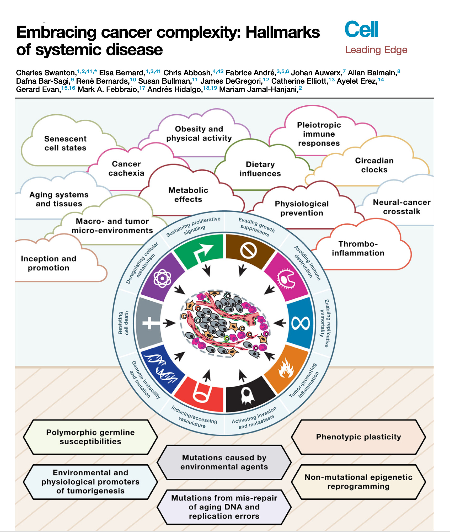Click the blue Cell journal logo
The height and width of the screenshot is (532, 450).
click(x=361, y=29)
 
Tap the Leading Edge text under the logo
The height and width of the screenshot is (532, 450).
click(x=376, y=50)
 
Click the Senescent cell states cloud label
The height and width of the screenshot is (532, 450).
click(x=65, y=143)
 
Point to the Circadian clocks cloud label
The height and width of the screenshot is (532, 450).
click(x=374, y=165)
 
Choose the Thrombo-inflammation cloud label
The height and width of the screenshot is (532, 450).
click(x=358, y=248)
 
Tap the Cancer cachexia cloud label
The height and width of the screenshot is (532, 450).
click(x=126, y=168)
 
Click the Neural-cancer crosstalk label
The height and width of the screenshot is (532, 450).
click(x=401, y=207)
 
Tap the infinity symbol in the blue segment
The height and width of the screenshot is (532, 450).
click(x=301, y=323)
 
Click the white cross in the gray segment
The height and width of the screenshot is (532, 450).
click(x=150, y=323)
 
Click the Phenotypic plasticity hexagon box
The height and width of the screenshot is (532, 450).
click(x=358, y=437)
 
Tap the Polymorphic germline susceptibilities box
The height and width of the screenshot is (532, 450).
click(x=90, y=437)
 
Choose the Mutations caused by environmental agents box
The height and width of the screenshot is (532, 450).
click(x=224, y=462)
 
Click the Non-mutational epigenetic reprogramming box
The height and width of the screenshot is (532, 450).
click(x=358, y=482)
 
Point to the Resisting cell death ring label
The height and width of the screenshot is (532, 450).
click(x=123, y=323)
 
